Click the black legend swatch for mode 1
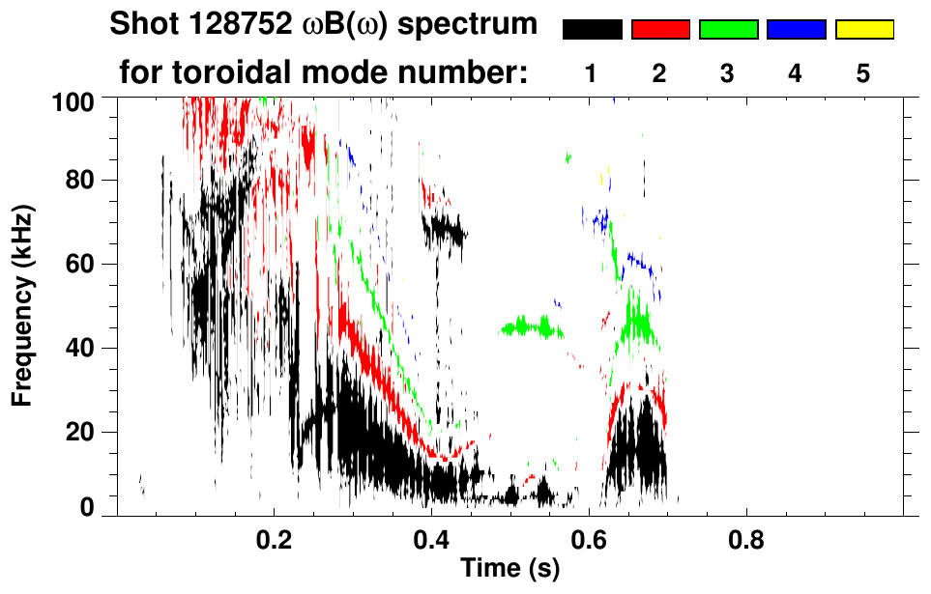pos(592,30)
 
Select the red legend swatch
pos(660,30)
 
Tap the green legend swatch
pos(728,30)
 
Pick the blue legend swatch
pos(796,30)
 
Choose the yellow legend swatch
pos(863,30)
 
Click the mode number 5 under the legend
pos(863,73)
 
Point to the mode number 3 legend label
pos(728,73)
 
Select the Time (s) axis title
pos(509,569)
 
